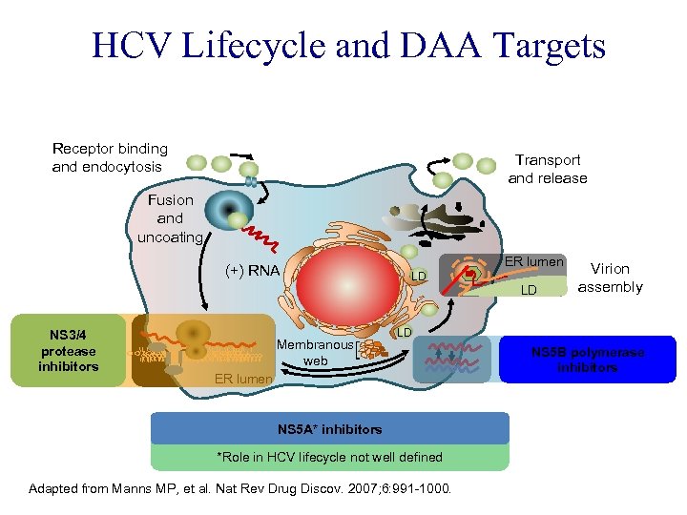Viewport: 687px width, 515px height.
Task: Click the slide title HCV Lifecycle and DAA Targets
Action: click(x=348, y=45)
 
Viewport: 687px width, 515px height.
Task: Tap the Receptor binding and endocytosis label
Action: click(x=110, y=157)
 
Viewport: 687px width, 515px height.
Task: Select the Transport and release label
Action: click(x=548, y=169)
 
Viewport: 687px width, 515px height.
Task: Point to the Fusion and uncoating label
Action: click(x=170, y=217)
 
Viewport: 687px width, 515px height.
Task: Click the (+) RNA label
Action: click(x=252, y=270)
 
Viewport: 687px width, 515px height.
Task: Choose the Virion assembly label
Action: click(x=611, y=278)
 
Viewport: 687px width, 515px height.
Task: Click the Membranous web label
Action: click(x=315, y=352)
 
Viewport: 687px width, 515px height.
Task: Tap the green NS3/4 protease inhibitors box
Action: click(x=68, y=350)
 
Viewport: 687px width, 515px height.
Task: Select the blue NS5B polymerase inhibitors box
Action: click(x=587, y=359)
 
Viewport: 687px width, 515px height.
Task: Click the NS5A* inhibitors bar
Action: click(x=330, y=428)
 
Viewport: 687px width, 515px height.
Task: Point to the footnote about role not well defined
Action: click(x=330, y=457)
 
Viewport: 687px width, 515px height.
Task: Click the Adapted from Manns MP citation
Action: click(x=241, y=489)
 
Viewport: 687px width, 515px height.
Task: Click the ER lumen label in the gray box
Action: click(x=534, y=261)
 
